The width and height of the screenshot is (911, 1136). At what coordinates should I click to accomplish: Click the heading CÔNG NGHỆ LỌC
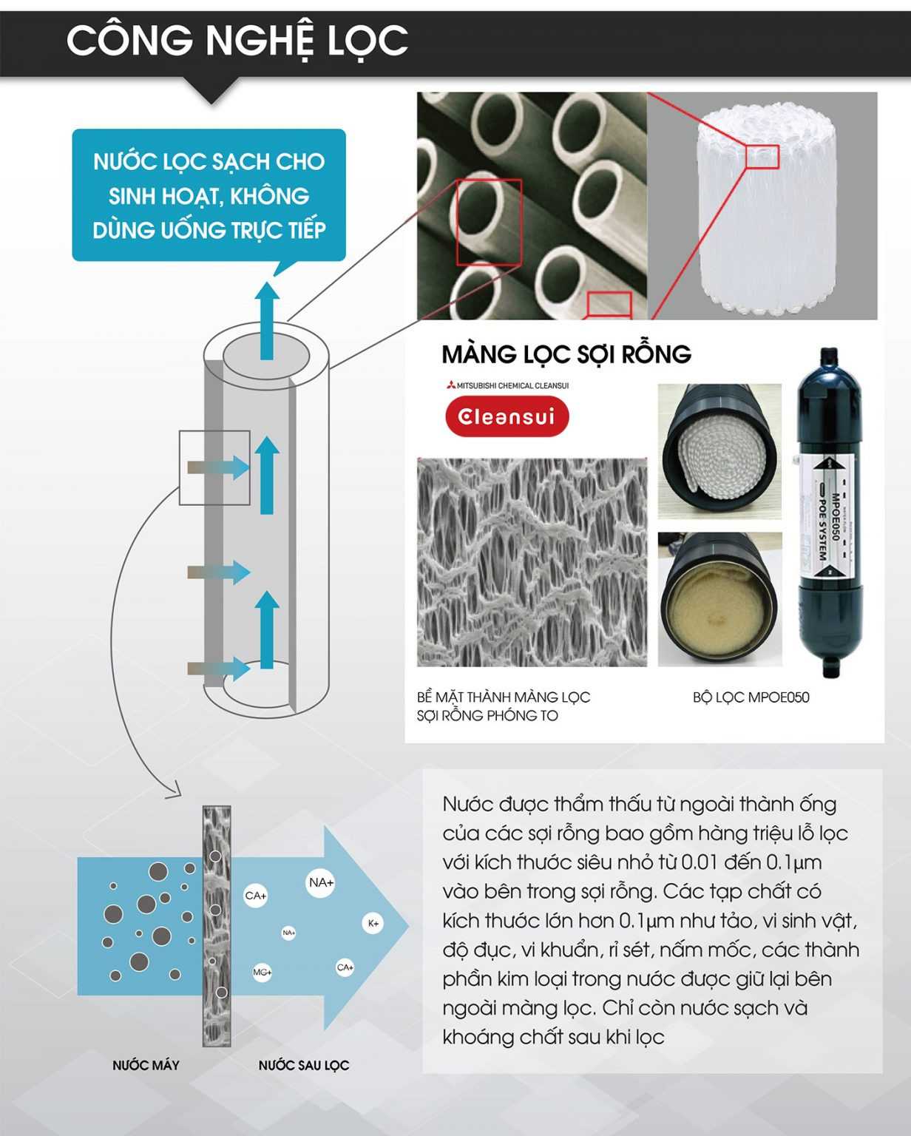tap(237, 41)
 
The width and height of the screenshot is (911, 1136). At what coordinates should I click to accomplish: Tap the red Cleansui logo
tap(507, 416)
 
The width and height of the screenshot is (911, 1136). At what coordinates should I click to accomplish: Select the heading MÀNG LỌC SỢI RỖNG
tap(566, 354)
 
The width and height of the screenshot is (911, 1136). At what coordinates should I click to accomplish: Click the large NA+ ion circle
tap(321, 882)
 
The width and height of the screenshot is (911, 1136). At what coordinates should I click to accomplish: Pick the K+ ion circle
tap(373, 923)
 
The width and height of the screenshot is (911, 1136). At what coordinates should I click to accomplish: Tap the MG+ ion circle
tap(263, 972)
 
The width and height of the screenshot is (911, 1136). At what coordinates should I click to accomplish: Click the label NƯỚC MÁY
tap(146, 1065)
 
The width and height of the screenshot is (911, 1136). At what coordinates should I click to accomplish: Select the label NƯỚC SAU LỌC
tap(304, 1065)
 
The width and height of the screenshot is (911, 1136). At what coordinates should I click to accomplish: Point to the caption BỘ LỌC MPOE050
tap(751, 697)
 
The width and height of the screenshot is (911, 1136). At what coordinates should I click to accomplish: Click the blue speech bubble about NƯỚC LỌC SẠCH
tap(209, 195)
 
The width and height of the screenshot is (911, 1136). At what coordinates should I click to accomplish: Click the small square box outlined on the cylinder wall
tap(214, 467)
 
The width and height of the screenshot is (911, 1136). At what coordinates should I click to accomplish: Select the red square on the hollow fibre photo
tap(489, 222)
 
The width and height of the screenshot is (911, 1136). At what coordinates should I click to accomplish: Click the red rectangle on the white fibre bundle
tap(762, 157)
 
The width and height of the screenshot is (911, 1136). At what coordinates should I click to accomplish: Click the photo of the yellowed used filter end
tap(719, 599)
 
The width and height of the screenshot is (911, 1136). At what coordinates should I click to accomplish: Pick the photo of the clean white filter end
tap(719, 450)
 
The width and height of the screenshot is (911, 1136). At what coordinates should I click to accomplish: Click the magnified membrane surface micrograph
tap(532, 562)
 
